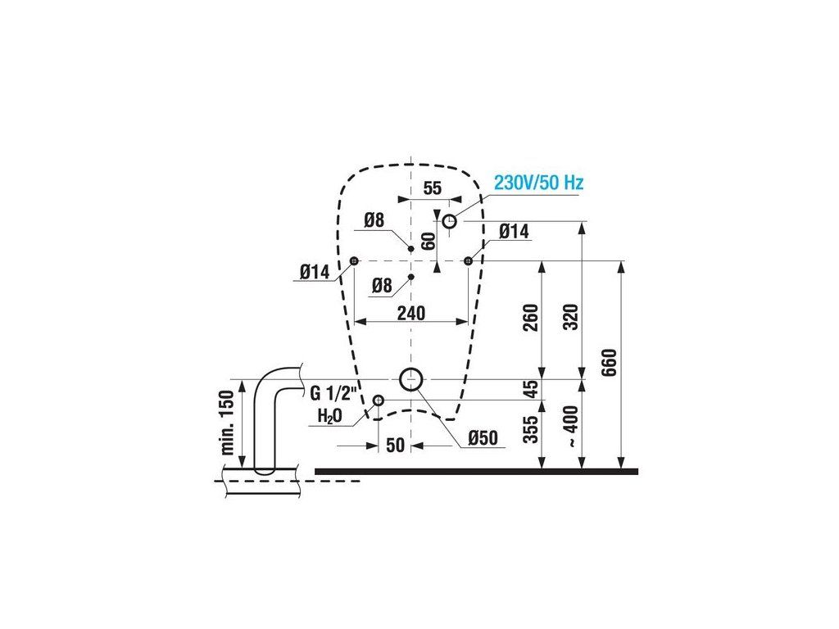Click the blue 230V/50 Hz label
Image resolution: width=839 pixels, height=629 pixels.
[537, 183]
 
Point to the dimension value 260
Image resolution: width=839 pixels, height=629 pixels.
[529, 319]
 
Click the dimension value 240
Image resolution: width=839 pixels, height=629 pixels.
[410, 313]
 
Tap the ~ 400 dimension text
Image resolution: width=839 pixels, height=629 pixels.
[571, 425]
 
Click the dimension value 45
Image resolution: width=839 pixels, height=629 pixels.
[529, 389]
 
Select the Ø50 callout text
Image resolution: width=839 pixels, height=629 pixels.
[483, 439]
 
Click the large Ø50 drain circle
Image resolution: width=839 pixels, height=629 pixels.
[410, 379]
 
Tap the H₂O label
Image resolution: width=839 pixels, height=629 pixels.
[330, 415]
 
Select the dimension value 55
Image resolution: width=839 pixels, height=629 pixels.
[432, 188]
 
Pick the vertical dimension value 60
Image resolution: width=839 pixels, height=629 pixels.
[428, 242]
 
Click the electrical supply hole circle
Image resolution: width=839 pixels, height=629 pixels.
[450, 221]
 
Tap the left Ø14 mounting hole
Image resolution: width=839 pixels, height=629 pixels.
[354, 260]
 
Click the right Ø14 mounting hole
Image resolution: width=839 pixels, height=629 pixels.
[468, 260]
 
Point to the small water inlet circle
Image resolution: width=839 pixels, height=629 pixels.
[379, 400]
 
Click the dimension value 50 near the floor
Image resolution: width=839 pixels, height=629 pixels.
[395, 445]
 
